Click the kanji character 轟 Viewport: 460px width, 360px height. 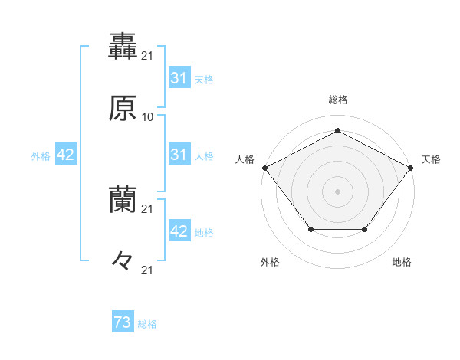coord(123,45)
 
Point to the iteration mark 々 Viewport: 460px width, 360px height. coord(123,261)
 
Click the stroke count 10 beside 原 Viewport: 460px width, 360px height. coord(148,116)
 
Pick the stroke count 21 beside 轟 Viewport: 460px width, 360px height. coord(148,54)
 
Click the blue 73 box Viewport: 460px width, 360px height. coord(123,323)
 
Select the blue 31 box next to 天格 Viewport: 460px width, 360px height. coord(179,78)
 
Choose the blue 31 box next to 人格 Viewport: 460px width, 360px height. coord(179,155)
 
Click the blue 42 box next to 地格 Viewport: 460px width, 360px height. coord(179,231)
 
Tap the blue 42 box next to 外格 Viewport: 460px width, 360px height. coord(66,155)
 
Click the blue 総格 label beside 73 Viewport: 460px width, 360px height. coord(147,324)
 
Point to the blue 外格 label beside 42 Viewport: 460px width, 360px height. coord(41,155)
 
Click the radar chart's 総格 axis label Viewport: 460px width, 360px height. coord(337,100)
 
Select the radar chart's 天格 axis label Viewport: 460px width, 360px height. coord(431,159)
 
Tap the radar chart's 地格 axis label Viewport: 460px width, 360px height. coord(402,262)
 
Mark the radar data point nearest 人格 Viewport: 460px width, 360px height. coord(264,167)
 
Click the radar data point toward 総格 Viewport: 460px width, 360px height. coord(337,130)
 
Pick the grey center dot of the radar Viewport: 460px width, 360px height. coord(337,191)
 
